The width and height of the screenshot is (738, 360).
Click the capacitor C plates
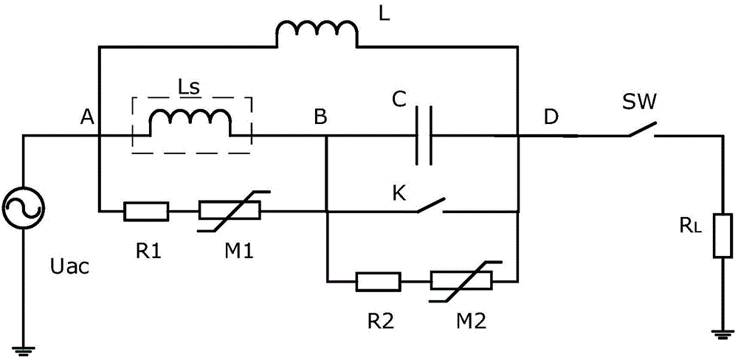click(x=424, y=136)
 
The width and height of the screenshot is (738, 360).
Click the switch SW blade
click(x=643, y=129)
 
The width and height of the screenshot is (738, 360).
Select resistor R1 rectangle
click(x=146, y=211)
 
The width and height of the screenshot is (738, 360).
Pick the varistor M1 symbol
click(x=230, y=211)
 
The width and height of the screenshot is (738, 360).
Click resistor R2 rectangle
click(x=379, y=282)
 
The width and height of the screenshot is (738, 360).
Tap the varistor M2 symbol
click(x=461, y=282)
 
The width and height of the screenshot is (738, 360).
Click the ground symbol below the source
click(x=24, y=350)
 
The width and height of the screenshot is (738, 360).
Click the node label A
click(x=86, y=117)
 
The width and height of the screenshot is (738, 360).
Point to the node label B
click(x=320, y=117)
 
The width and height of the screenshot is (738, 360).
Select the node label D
click(x=551, y=117)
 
